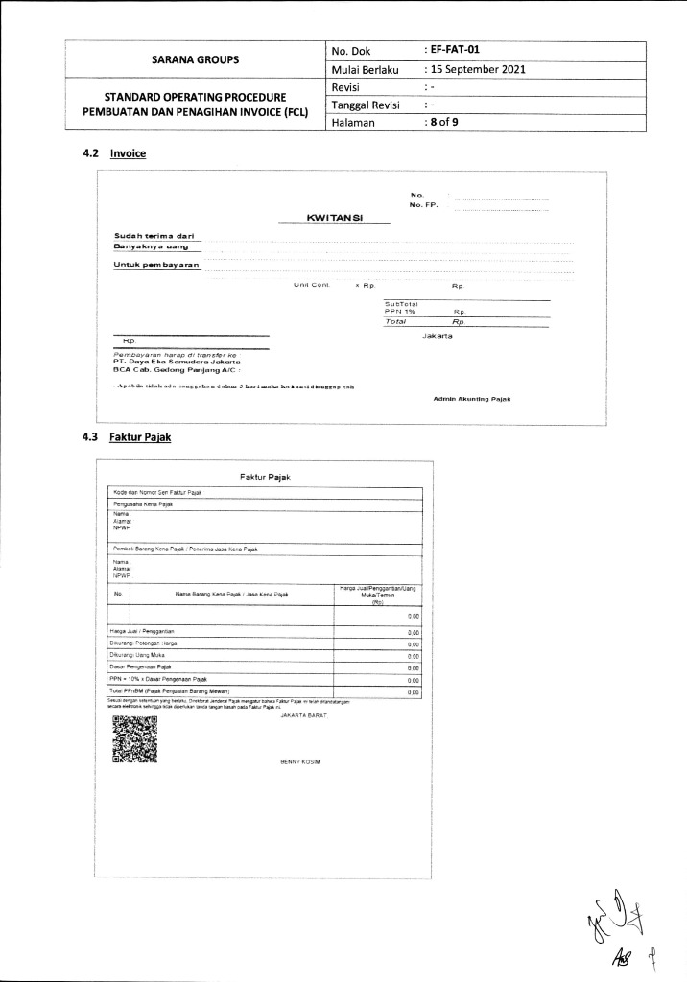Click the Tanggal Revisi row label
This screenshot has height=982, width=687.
[365, 105]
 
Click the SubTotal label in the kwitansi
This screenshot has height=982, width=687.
[400, 304]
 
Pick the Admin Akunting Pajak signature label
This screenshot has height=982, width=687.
[472, 398]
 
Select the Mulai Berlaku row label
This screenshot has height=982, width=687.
[367, 69]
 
